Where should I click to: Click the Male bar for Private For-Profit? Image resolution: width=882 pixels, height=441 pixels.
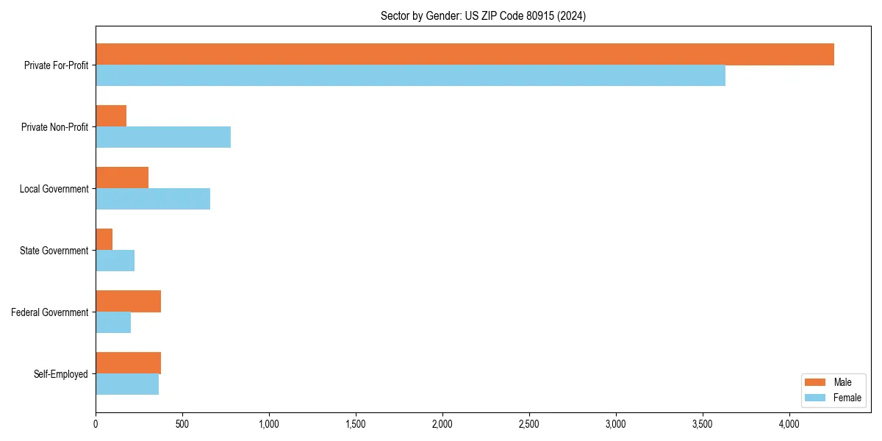[465, 54]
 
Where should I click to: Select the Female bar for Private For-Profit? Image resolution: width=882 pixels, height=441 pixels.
[410, 76]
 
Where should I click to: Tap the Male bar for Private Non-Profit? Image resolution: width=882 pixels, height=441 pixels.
[111, 116]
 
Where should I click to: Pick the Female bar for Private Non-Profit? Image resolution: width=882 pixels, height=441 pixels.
[163, 137]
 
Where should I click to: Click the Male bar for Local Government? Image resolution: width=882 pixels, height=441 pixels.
[122, 178]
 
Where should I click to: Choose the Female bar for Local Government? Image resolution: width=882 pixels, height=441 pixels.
[153, 199]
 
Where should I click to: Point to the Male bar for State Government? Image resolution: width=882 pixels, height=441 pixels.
[104, 240]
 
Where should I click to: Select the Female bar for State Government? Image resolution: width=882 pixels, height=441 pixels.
[115, 261]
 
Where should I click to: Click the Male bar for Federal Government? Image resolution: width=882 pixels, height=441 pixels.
[129, 301]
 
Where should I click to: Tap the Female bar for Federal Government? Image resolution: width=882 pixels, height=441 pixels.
[113, 323]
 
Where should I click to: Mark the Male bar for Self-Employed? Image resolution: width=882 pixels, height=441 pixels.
[129, 363]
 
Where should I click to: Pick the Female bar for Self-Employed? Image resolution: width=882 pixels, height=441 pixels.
[127, 384]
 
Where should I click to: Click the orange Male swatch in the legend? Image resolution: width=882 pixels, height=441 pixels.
[816, 382]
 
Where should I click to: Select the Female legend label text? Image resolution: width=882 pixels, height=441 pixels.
[847, 398]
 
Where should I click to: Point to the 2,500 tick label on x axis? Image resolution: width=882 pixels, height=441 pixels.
[529, 424]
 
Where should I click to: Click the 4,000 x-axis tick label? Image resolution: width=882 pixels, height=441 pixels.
[789, 424]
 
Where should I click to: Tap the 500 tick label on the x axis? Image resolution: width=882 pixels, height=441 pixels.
[182, 424]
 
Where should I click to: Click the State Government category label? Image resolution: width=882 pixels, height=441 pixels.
[54, 251]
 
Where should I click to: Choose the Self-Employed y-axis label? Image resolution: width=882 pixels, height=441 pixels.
[60, 374]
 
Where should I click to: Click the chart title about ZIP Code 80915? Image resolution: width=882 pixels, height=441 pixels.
[483, 15]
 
